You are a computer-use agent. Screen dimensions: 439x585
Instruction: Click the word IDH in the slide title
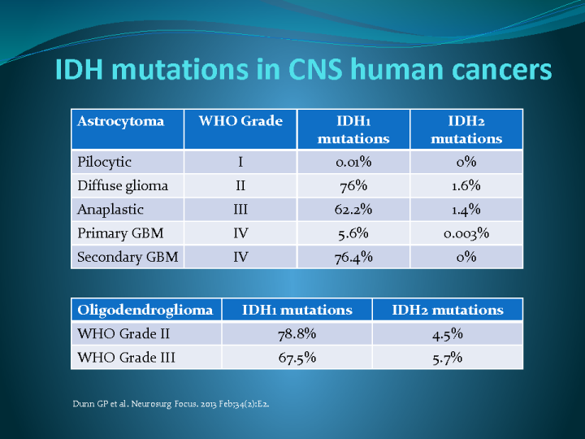(79, 71)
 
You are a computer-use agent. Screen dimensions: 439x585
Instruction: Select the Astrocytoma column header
(120, 122)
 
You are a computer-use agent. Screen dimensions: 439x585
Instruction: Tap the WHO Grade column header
(240, 122)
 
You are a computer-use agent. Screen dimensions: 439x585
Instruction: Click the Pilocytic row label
(104, 162)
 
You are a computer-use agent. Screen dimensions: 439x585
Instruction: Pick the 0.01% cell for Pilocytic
(353, 162)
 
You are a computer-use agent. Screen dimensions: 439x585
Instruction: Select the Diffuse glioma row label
(123, 185)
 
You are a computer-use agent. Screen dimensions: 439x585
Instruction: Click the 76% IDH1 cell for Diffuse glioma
(353, 185)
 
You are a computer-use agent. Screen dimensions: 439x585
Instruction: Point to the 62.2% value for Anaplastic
(353, 209)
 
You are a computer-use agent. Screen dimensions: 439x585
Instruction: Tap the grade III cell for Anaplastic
(240, 209)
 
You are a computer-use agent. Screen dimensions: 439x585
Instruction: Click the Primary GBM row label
(120, 233)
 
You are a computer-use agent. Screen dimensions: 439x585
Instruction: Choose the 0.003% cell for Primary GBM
(466, 233)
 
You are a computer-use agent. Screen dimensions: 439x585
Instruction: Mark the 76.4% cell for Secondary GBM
(353, 257)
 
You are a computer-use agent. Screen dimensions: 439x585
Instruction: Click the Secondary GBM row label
(127, 257)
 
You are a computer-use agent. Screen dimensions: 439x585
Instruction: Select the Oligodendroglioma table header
(145, 310)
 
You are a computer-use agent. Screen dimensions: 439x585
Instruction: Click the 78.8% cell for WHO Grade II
(297, 333)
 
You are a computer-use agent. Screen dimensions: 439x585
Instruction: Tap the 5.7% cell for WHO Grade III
(448, 357)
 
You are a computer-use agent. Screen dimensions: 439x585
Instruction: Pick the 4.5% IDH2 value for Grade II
(448, 333)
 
